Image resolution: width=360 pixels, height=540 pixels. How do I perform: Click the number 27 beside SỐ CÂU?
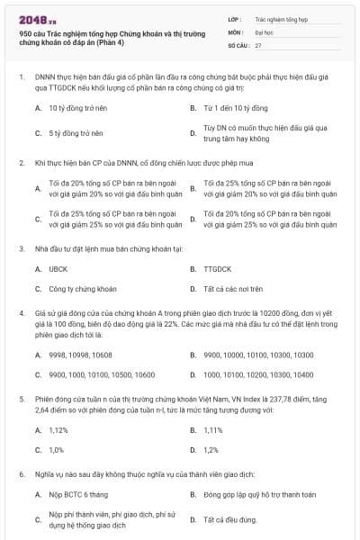(x=258, y=44)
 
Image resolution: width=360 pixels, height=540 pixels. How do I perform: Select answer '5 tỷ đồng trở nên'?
(x=76, y=133)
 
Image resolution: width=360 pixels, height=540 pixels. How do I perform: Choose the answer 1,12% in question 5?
(x=58, y=429)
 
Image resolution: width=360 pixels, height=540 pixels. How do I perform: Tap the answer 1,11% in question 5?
(x=213, y=429)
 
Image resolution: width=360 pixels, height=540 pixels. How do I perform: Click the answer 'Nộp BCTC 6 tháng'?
(x=80, y=495)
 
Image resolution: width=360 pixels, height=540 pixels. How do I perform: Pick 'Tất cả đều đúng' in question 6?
(x=230, y=519)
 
